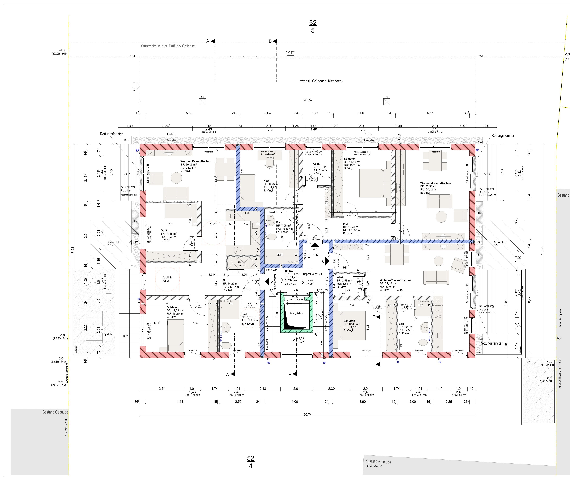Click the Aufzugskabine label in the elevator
point(296,313)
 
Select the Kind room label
point(266,181)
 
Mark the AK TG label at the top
point(290,53)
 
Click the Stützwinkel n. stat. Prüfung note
point(169,46)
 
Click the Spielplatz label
point(109,334)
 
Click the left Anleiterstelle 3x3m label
point(114,243)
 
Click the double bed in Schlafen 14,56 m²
point(372,183)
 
